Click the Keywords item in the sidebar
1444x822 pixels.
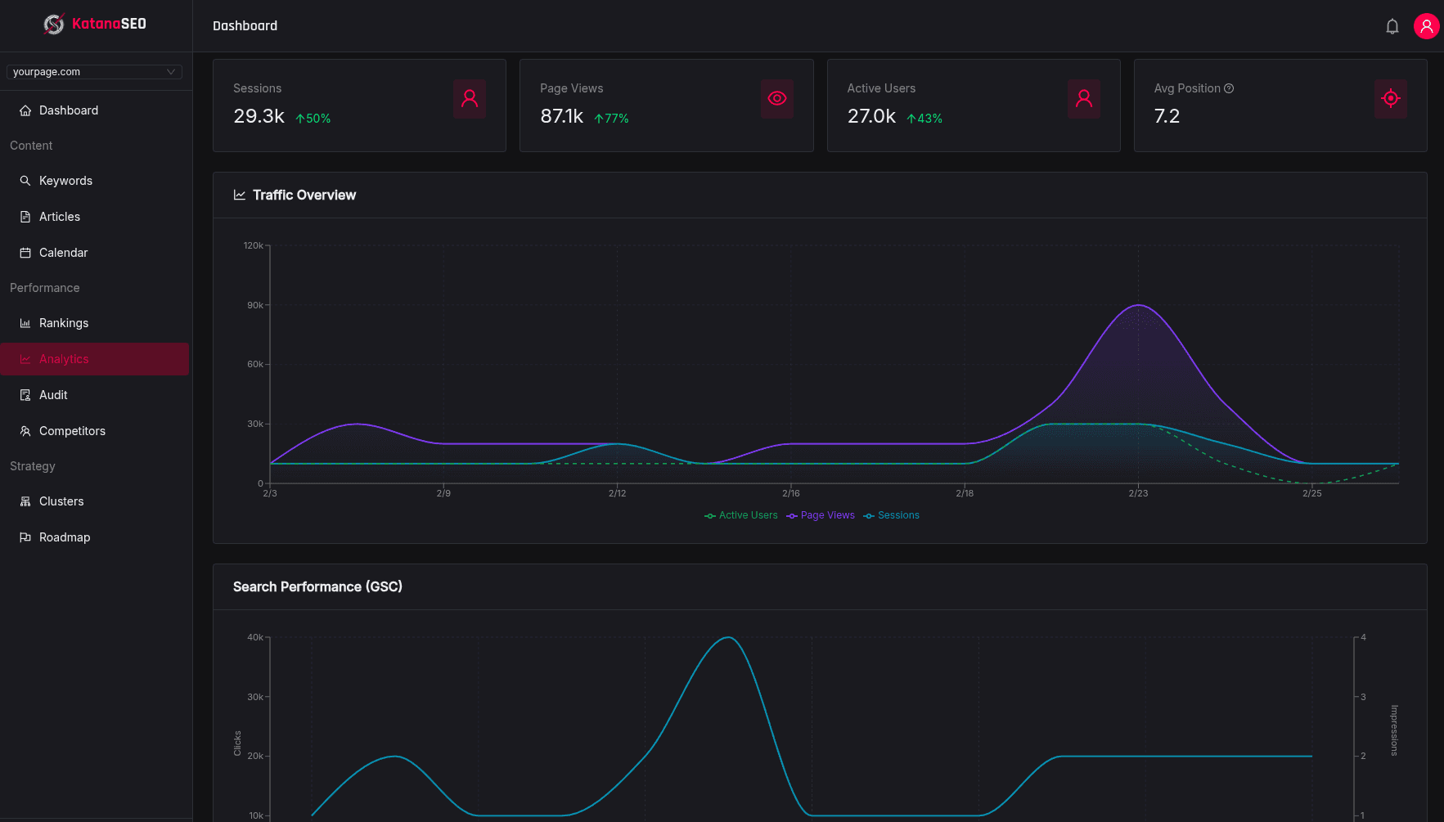pyautogui.click(x=65, y=181)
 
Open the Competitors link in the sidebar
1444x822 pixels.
pyautogui.click(x=72, y=431)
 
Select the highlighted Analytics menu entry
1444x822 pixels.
pyautogui.click(x=64, y=359)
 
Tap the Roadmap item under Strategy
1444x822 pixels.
pyautogui.click(x=65, y=537)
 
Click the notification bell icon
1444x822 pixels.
pyautogui.click(x=1392, y=26)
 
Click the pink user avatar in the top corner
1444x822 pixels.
pyautogui.click(x=1426, y=26)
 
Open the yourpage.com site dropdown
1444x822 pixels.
pyautogui.click(x=94, y=72)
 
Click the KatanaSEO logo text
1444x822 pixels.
pyautogui.click(x=109, y=24)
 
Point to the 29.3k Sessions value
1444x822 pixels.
pyautogui.click(x=259, y=116)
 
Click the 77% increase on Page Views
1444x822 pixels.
pyautogui.click(x=612, y=119)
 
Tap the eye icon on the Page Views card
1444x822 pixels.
pyautogui.click(x=776, y=99)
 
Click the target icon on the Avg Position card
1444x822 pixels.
pyautogui.click(x=1390, y=99)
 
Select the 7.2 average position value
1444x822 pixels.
pyautogui.click(x=1167, y=116)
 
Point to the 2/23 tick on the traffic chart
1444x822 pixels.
pyautogui.click(x=1138, y=493)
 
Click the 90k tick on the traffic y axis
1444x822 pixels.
pyautogui.click(x=255, y=305)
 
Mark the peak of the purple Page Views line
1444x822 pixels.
pyautogui.click(x=1138, y=305)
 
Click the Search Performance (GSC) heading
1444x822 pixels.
pyautogui.click(x=317, y=586)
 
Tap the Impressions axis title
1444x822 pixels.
pyautogui.click(x=1394, y=730)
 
